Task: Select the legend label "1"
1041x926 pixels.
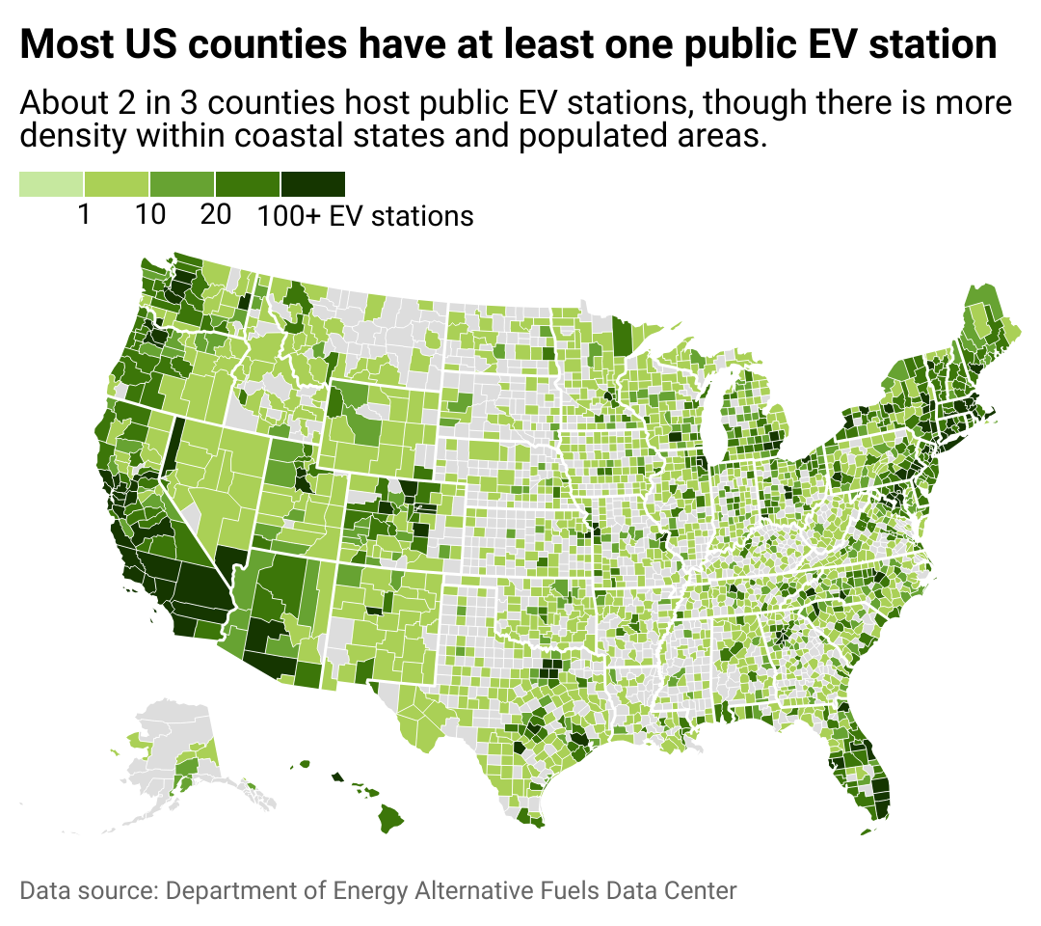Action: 84,215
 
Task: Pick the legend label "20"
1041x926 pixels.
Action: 215,215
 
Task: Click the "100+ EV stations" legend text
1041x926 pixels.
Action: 365,216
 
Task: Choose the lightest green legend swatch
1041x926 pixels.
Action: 51,184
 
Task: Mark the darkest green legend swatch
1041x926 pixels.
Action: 313,184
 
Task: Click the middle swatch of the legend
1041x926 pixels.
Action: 182,184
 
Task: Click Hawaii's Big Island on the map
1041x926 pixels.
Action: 393,820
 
